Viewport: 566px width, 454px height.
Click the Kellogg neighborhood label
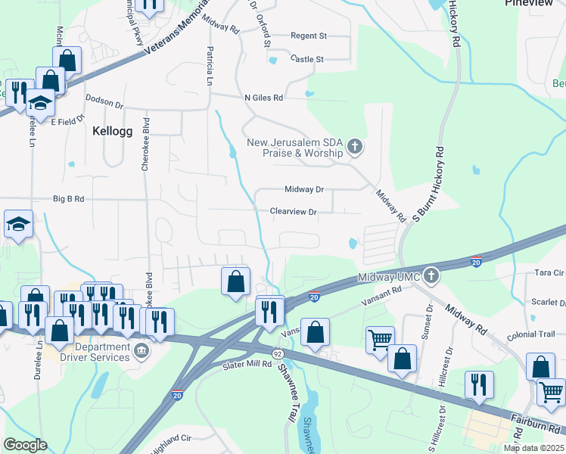pos(112,131)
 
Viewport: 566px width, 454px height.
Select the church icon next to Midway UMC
pos(431,274)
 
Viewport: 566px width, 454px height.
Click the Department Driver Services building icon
pos(141,351)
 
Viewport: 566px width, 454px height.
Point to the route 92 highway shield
pos(278,353)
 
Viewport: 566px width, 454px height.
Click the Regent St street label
pos(309,36)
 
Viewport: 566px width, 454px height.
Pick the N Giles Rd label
pos(263,98)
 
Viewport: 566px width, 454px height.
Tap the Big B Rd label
pos(68,199)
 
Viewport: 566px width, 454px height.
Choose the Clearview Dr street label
pos(293,213)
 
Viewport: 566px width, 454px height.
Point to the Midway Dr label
pos(304,189)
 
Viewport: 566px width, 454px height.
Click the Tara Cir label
pos(549,272)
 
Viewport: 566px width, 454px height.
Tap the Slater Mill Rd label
pos(247,365)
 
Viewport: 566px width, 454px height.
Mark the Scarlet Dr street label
pos(547,300)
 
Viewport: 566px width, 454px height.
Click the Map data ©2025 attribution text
pos(533,448)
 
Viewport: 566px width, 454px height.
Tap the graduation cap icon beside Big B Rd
pos(19,224)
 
